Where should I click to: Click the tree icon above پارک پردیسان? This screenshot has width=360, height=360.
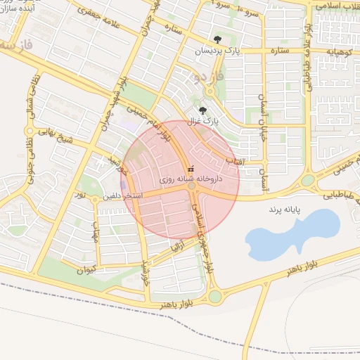point(217,40)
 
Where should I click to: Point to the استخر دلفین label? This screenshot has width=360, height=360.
point(122,195)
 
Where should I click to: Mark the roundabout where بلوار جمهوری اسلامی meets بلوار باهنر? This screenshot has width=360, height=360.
point(214,297)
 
